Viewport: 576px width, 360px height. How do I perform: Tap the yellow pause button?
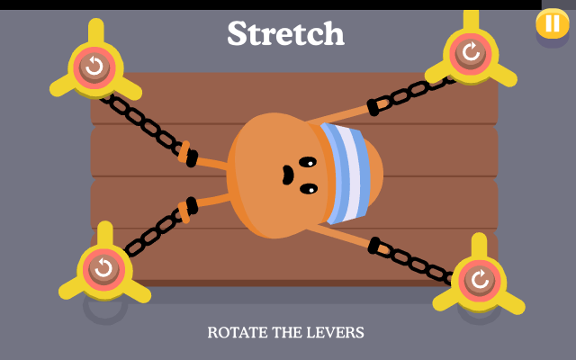click(x=553, y=23)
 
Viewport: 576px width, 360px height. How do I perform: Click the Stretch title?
click(x=286, y=33)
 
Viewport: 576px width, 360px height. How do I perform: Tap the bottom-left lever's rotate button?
click(x=104, y=269)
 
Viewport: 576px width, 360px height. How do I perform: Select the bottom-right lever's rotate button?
click(x=480, y=280)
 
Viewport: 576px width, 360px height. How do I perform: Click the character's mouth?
click(x=287, y=175)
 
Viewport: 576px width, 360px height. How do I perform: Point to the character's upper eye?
click(x=308, y=162)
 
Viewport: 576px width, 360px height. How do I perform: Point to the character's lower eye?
click(x=309, y=189)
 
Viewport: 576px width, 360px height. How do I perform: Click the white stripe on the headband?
click(x=350, y=173)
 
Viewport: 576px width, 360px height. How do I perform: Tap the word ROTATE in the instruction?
click(x=238, y=332)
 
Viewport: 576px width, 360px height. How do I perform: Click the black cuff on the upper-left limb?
click(x=192, y=158)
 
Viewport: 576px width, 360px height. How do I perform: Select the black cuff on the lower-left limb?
click(x=192, y=206)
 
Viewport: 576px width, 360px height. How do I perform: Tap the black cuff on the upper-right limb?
click(x=373, y=107)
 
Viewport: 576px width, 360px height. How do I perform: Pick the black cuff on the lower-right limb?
click(x=374, y=246)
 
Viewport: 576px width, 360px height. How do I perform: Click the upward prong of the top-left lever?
click(x=96, y=32)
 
